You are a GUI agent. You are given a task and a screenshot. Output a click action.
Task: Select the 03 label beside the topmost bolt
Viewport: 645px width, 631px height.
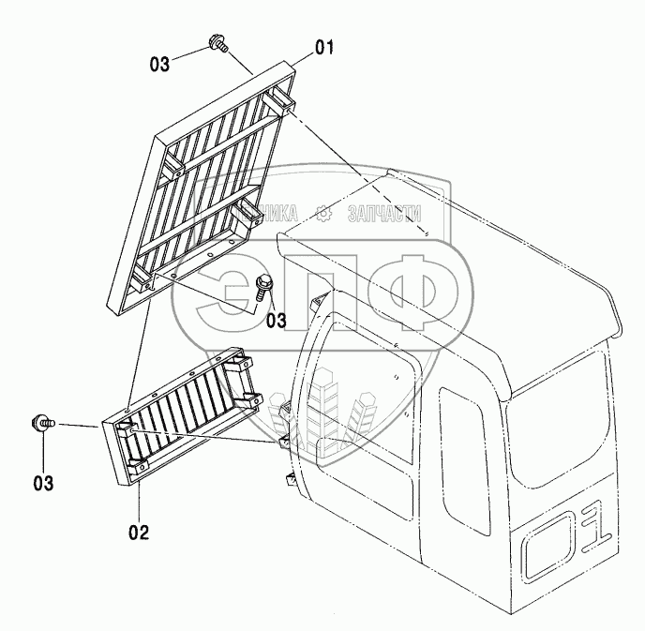pos(159,65)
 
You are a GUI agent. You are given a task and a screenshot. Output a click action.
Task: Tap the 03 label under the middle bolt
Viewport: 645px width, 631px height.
pos(276,321)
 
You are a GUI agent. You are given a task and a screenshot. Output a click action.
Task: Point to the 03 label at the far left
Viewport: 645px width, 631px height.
pos(42,484)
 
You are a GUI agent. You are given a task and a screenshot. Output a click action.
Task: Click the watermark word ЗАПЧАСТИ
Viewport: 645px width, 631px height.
pos(383,214)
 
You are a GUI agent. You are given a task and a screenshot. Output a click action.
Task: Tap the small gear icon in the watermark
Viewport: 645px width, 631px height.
pos(325,214)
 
